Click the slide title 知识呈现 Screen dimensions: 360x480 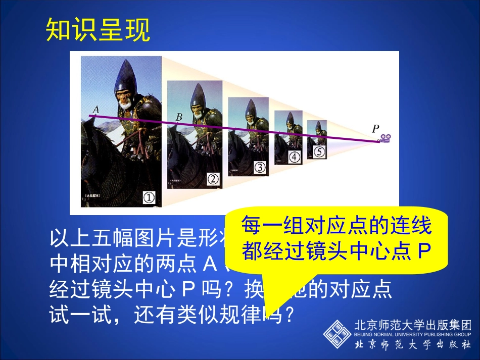(98, 30)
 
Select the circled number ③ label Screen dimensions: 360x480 (259, 167)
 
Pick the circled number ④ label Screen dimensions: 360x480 (294, 157)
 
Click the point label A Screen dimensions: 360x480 (95, 109)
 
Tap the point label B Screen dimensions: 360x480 (179, 117)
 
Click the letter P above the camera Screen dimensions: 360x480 (375, 129)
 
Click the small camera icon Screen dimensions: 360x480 (386, 138)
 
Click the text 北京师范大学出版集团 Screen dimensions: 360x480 (413, 325)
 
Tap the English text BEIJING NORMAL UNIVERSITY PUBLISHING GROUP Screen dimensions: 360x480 (413, 334)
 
